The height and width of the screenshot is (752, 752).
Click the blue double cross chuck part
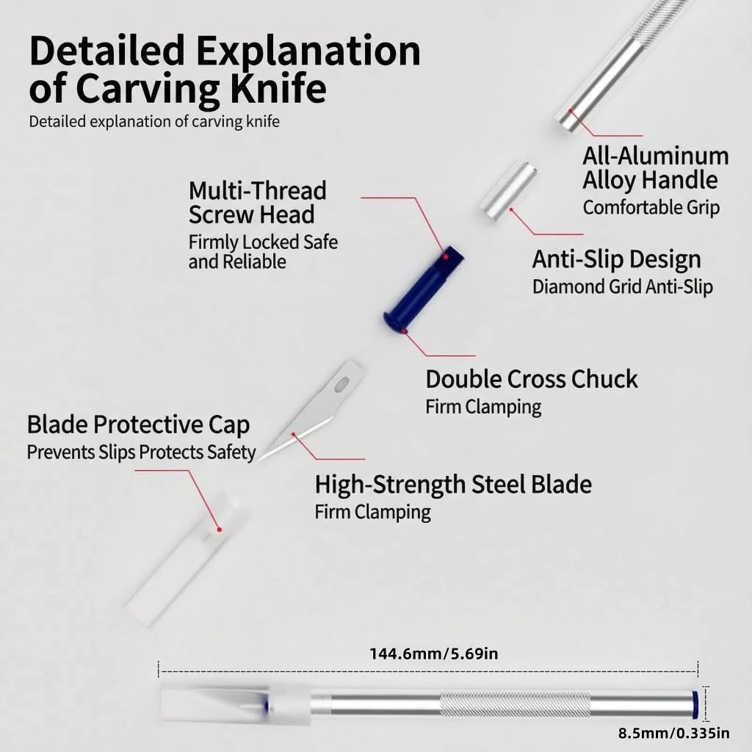point(423,290)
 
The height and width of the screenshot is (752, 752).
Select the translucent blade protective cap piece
point(187,561)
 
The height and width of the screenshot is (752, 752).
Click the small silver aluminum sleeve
point(508,190)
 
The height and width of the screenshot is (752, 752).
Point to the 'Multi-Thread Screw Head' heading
point(258,203)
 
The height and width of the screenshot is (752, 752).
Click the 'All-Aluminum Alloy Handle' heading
point(656,168)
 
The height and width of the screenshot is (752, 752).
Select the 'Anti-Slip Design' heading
point(616,259)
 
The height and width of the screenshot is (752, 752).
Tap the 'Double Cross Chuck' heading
point(532,379)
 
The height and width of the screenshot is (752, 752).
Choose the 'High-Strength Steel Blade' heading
point(453,485)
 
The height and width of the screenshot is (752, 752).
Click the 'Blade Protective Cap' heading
point(138,425)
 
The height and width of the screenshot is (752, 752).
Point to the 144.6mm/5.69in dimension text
point(433,654)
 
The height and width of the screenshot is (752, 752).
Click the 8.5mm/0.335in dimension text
point(674,734)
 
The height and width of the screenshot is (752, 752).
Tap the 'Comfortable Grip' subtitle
point(651,208)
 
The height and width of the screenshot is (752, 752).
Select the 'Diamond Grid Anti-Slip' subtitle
point(623,287)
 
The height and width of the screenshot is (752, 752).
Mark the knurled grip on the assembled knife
point(516,705)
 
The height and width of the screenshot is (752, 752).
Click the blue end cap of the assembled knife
point(695,704)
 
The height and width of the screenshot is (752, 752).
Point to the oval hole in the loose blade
point(342,383)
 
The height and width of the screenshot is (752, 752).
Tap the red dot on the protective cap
point(219,529)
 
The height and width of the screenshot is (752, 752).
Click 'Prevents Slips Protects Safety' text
point(141,452)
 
